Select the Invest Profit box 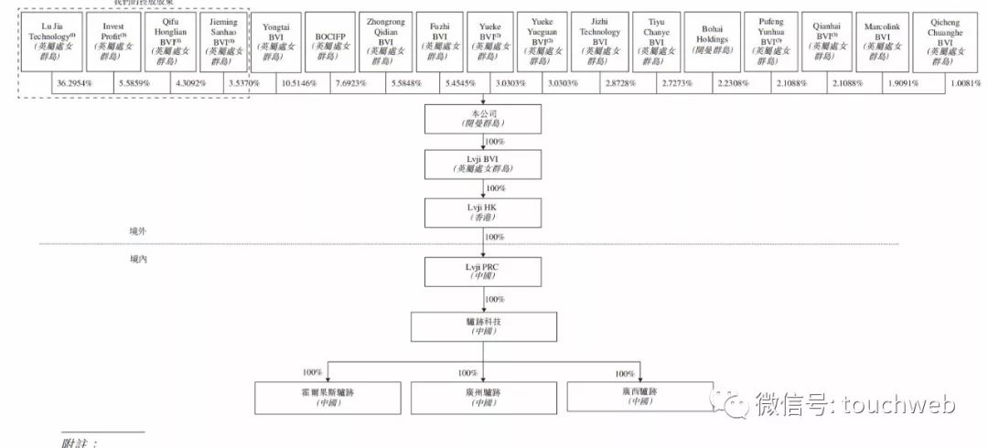(113, 41)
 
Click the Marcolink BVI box (882, 41)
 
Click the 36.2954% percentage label (73, 84)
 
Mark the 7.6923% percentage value (352, 84)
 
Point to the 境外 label (137, 232)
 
